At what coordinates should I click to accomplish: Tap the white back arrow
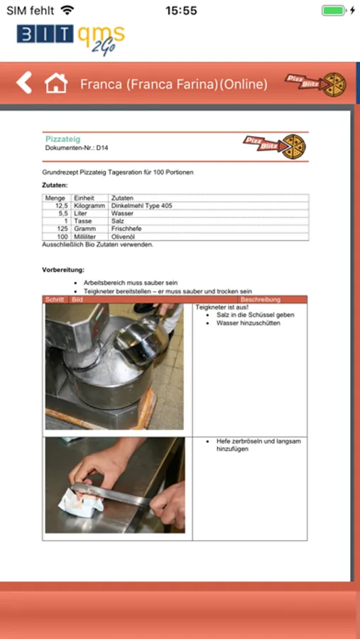point(24,83)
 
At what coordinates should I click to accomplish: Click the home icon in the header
point(56,83)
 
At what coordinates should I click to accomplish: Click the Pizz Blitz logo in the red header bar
point(315,84)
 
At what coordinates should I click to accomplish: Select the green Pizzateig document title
point(62,139)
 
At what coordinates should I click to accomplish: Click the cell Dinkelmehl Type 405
point(141,206)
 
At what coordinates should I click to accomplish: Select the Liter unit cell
point(81,214)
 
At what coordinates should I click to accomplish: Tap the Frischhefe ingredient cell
point(126,229)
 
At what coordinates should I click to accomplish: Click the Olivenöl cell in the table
point(123,236)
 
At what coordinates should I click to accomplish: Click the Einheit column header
point(84,198)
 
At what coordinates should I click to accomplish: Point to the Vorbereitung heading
point(63,270)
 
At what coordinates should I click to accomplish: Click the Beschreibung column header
point(261,300)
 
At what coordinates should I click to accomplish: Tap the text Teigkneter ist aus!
point(222,307)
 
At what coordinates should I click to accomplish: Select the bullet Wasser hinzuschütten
point(249,323)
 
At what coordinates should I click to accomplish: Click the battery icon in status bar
point(334,10)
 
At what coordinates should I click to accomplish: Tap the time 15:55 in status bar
point(181,11)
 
